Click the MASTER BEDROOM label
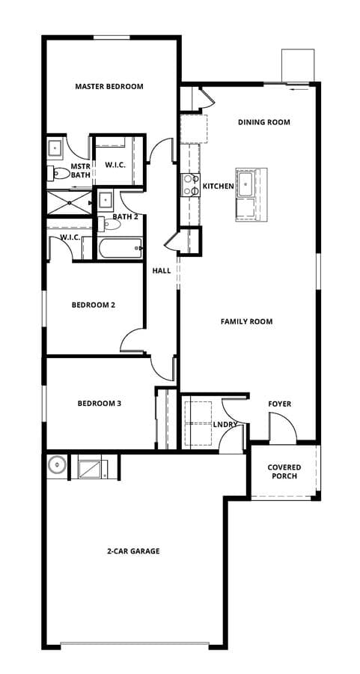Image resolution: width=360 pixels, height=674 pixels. pyautogui.click(x=109, y=86)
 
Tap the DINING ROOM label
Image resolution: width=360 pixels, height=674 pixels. pyautogui.click(x=263, y=122)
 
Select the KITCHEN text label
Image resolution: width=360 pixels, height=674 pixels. pyautogui.click(x=219, y=186)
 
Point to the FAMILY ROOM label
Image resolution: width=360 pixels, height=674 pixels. pyautogui.click(x=246, y=321)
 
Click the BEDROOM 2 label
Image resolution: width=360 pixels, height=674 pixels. pyautogui.click(x=94, y=305)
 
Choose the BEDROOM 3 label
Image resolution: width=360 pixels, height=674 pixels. pyautogui.click(x=100, y=403)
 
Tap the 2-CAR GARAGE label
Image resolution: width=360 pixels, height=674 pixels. pyautogui.click(x=133, y=550)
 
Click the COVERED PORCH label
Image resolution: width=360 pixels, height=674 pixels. pyautogui.click(x=284, y=472)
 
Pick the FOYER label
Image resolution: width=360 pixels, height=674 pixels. pyautogui.click(x=280, y=404)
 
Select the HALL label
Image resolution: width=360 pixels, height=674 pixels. pyautogui.click(x=162, y=271)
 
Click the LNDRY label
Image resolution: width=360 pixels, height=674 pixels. pyautogui.click(x=225, y=425)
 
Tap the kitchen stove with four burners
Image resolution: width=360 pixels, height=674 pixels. pyautogui.click(x=191, y=184)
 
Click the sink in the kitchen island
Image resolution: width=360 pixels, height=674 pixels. pyautogui.click(x=245, y=183)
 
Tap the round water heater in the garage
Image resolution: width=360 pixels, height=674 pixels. pyautogui.click(x=57, y=464)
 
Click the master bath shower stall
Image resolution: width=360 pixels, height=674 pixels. pyautogui.click(x=69, y=202)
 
